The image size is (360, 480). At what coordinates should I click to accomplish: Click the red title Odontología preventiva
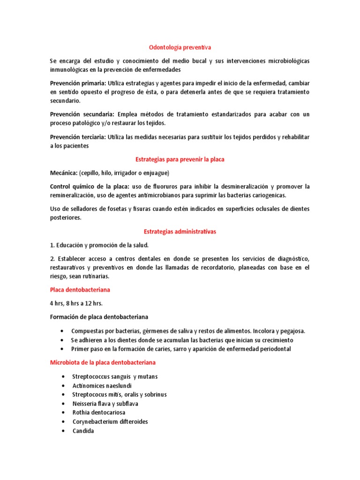(180, 47)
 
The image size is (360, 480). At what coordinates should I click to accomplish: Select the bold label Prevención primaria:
(78, 83)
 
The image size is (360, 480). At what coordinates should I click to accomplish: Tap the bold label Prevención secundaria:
(82, 114)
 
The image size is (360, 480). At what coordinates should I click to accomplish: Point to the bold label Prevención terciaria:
(78, 137)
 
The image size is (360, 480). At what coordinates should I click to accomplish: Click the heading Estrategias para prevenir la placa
(180, 159)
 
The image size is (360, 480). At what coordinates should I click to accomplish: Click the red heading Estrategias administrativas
(180, 232)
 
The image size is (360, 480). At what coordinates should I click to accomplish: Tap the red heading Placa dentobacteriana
(80, 290)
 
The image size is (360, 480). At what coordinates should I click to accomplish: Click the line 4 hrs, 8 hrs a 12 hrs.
(76, 303)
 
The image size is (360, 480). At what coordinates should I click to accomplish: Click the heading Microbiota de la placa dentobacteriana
(103, 363)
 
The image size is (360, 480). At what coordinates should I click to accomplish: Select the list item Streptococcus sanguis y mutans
(114, 376)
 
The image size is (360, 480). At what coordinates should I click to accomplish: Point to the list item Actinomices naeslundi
(98, 385)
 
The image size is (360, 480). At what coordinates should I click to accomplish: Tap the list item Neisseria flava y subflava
(105, 404)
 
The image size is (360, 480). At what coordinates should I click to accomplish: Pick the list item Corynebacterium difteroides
(110, 421)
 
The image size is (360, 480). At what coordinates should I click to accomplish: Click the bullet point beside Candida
(63, 431)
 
